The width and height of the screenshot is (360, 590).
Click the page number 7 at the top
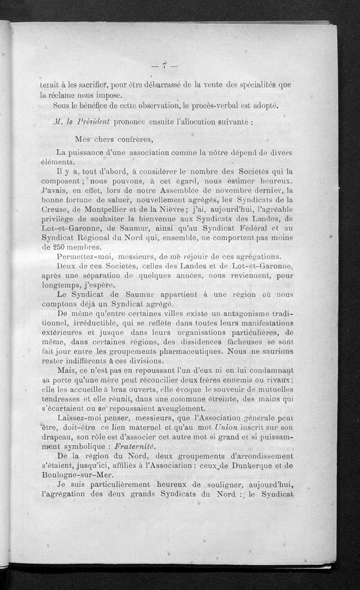165,66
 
